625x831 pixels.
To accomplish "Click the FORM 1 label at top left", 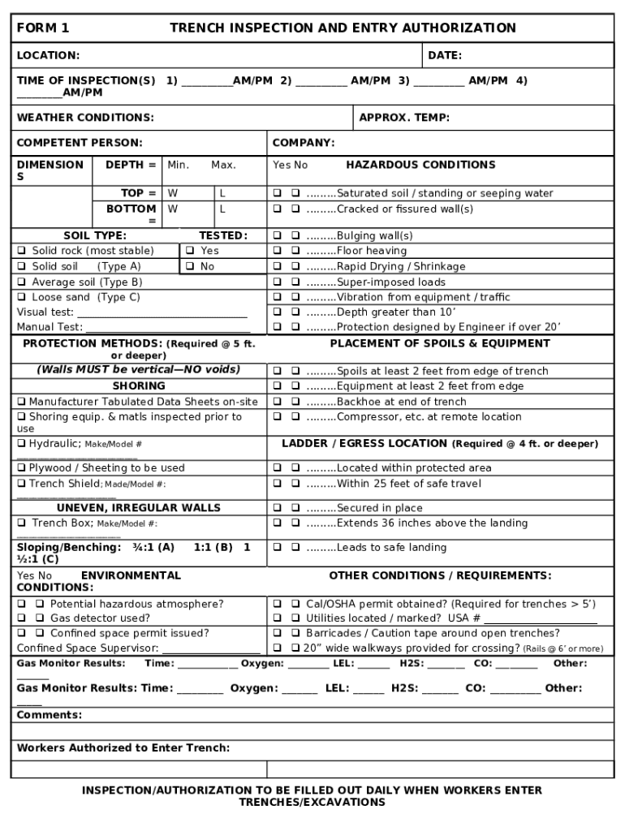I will pyautogui.click(x=43, y=28).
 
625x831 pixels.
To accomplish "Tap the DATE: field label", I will pyautogui.click(x=445, y=56).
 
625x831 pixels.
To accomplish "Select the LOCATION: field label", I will pyautogui.click(x=48, y=56).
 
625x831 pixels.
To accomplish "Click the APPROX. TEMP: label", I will pyautogui.click(x=404, y=118).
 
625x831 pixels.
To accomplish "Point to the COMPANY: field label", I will pyautogui.click(x=304, y=144).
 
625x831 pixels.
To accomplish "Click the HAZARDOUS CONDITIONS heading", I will pyautogui.click(x=420, y=166).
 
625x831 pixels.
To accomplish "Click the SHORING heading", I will pyautogui.click(x=139, y=386).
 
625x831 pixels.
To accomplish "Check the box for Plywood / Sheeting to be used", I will pyautogui.click(x=22, y=468).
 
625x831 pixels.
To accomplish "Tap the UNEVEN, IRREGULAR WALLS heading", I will pyautogui.click(x=139, y=508).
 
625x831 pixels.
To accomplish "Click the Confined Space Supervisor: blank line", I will pyautogui.click(x=211, y=649).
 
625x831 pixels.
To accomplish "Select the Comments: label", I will pyautogui.click(x=50, y=716).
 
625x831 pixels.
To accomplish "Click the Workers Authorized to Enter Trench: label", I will pyautogui.click(x=123, y=748).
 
